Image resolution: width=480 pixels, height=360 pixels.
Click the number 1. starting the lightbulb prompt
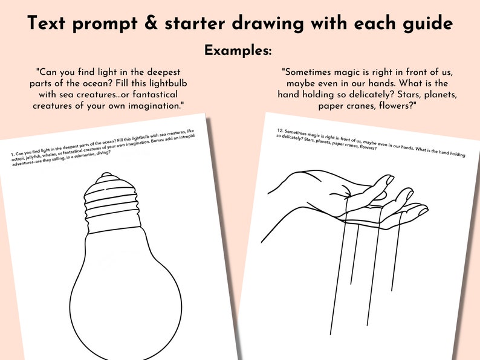[13, 155]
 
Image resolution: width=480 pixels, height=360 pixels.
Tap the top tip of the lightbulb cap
[106, 175]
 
